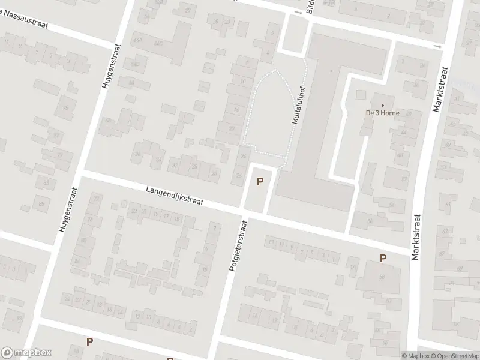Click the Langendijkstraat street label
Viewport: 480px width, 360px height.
tap(174, 196)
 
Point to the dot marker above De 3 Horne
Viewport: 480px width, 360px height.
tap(382, 105)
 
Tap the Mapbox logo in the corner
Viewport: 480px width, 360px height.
tap(26, 353)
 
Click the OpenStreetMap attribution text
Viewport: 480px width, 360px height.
tap(454, 356)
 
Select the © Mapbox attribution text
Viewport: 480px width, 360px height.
tap(415, 356)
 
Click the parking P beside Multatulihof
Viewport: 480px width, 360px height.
tap(260, 181)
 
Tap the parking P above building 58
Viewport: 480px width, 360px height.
tap(382, 258)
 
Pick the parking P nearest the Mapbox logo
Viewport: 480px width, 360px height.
tap(89, 342)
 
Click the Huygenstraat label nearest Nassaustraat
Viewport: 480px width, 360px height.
tap(110, 68)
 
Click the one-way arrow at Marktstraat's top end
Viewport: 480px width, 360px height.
tap(437, 46)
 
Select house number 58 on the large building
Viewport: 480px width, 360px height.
tap(382, 277)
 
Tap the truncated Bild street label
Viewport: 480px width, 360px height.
tap(310, 6)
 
